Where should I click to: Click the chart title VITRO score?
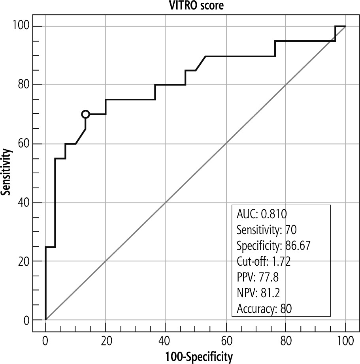point(180,6)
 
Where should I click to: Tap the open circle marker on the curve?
point(85,114)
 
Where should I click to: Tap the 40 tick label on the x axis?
point(165,340)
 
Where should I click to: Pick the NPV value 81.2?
point(269,293)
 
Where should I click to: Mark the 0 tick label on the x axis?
point(46,340)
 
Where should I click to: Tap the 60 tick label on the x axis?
point(225,340)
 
